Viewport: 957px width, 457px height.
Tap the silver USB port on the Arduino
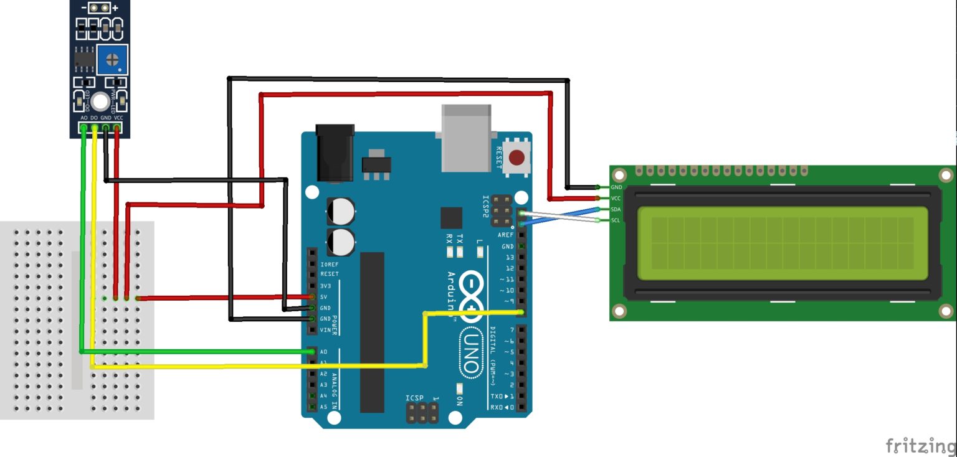(x=466, y=138)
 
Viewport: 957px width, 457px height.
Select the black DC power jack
(x=335, y=153)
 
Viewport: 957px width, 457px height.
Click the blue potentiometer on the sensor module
(x=112, y=60)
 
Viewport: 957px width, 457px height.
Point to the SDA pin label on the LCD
(x=616, y=209)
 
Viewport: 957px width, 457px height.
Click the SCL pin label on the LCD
(x=616, y=220)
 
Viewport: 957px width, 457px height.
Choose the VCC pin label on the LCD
(x=616, y=198)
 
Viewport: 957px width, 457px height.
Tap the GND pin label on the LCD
(x=616, y=187)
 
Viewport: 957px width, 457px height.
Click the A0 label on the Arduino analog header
(x=324, y=352)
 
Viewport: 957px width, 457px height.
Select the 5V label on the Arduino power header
(x=324, y=297)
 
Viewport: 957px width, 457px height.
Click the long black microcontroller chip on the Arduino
(x=372, y=332)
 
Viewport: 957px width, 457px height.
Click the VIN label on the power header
(x=325, y=330)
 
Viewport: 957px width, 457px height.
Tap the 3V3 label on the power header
(x=325, y=286)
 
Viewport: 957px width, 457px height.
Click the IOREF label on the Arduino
(x=328, y=264)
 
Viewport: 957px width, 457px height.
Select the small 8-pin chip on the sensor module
(x=83, y=58)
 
